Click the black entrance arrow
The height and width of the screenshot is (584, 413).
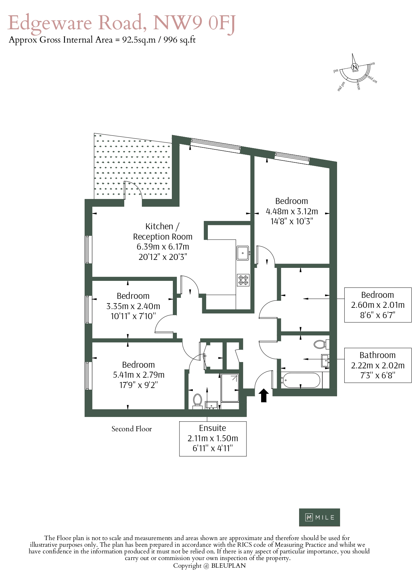tap(264, 395)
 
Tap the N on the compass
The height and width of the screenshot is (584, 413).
tap(355, 67)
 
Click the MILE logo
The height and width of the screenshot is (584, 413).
tap(319, 517)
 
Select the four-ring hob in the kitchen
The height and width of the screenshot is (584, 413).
tap(243, 280)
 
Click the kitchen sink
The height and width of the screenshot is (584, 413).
tap(243, 253)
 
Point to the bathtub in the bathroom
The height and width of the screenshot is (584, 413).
tap(301, 380)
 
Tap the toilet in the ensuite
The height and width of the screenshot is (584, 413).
tap(198, 401)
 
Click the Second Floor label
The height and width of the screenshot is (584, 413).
tap(132, 429)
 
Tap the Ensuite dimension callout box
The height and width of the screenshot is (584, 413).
tap(213, 439)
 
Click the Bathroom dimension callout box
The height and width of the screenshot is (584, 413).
tap(378, 365)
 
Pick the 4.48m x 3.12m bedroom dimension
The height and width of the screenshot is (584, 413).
tap(292, 211)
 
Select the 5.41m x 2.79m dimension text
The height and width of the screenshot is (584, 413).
tap(139, 375)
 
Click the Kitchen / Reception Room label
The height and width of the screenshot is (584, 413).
tap(163, 232)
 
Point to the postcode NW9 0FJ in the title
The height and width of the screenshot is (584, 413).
tap(194, 23)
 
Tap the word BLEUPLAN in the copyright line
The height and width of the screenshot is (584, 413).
tap(228, 566)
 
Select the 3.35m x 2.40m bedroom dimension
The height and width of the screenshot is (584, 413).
tap(133, 306)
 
